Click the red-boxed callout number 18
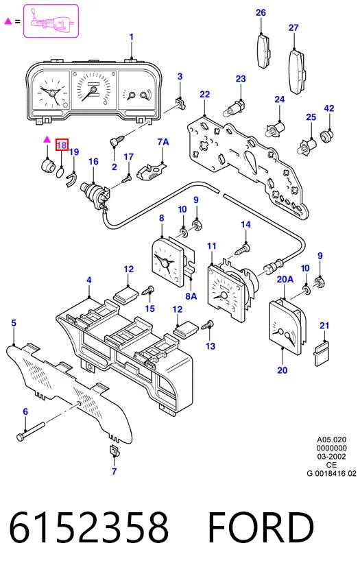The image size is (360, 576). pyautogui.click(x=61, y=145)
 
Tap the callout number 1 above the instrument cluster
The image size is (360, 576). pyautogui.click(x=132, y=37)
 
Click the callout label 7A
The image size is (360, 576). pyautogui.click(x=163, y=142)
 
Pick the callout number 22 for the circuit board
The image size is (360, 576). pyautogui.click(x=204, y=95)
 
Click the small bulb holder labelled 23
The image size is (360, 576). pyautogui.click(x=233, y=108)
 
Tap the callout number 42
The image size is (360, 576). pyautogui.click(x=329, y=108)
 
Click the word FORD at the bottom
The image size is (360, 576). pyautogui.click(x=261, y=527)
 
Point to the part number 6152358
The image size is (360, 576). pyautogui.click(x=88, y=527)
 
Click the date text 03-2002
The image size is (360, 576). pyautogui.click(x=331, y=457)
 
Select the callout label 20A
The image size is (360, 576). pyautogui.click(x=285, y=280)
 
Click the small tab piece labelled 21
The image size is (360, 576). pyautogui.click(x=322, y=354)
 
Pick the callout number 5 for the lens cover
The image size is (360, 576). pyautogui.click(x=14, y=323)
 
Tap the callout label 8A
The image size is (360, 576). pyautogui.click(x=191, y=296)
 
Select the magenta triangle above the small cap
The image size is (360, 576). pyautogui.click(x=47, y=139)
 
